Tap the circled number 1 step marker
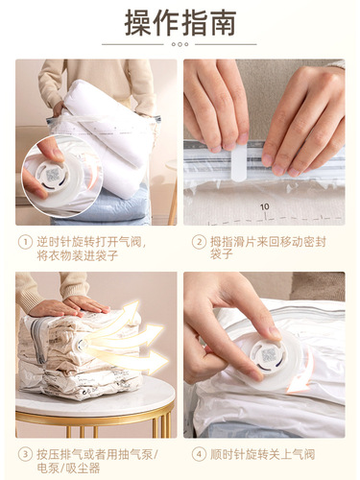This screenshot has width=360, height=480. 24,242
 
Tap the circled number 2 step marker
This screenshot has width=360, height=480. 199,242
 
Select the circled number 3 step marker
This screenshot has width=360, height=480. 24,454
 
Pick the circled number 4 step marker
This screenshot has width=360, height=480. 199,454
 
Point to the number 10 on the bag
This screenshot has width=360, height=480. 264,205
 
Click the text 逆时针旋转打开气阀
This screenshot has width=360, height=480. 93,242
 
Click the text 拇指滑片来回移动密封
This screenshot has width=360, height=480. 276,242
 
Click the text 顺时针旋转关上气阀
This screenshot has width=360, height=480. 268,454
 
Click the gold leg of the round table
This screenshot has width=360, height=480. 164,422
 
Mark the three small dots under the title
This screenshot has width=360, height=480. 180,44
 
